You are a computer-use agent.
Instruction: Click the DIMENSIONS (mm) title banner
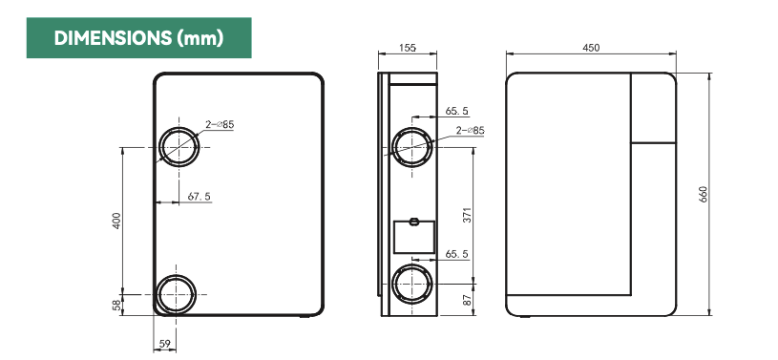tap(139, 38)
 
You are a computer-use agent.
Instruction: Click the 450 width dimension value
tap(591, 48)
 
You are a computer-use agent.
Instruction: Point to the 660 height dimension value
tap(704, 194)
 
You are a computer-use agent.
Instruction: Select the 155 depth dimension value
tap(408, 48)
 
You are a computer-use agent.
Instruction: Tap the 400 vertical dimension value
tap(116, 221)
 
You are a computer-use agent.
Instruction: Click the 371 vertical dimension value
tap(468, 215)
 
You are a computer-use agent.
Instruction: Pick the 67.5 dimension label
tap(199, 197)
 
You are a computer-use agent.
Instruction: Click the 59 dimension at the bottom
tap(164, 344)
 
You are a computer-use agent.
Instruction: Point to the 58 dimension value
tap(116, 305)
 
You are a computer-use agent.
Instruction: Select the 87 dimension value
tap(468, 300)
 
